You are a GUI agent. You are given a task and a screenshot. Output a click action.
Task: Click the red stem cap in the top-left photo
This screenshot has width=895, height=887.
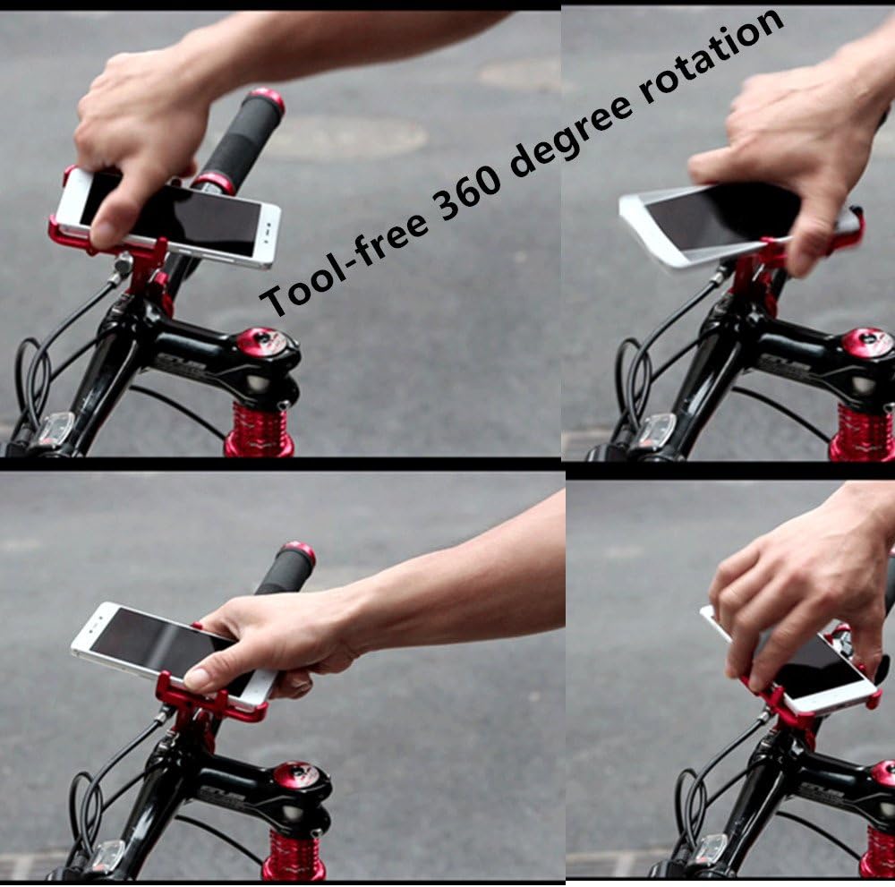click(x=261, y=341)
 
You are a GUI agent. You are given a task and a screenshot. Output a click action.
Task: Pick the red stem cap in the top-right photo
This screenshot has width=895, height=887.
click(x=866, y=343)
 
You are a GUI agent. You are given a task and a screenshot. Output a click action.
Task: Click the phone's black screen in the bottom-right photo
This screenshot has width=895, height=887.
click(x=810, y=667)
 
